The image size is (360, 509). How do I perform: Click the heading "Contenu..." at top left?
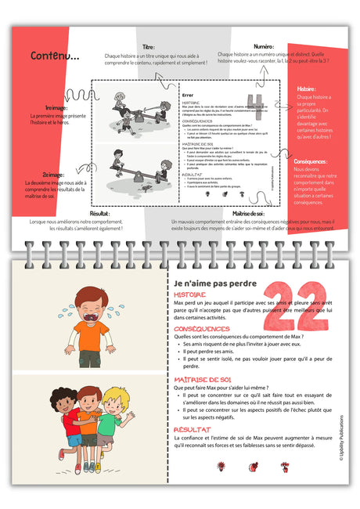pyautogui.click(x=55, y=56)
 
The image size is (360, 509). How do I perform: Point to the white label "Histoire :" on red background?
pyautogui.click(x=311, y=90)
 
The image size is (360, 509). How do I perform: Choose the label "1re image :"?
pyautogui.click(x=56, y=109)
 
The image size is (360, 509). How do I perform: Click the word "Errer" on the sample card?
pyautogui.click(x=188, y=93)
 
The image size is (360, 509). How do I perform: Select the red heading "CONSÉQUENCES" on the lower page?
pyautogui.click(x=202, y=329)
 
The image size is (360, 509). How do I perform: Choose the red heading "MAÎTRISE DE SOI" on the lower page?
pyautogui.click(x=203, y=379)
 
